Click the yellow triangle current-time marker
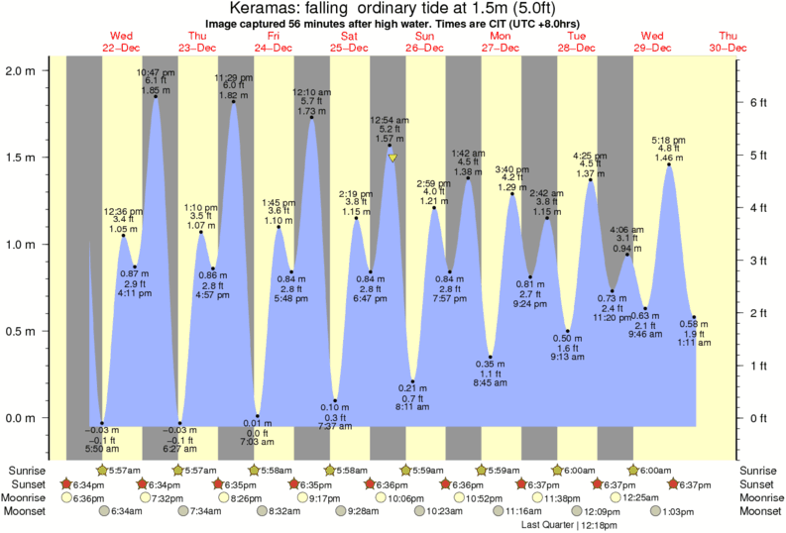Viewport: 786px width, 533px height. [393, 158]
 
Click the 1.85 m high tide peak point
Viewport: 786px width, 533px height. [156, 97]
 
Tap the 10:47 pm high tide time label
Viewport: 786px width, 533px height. [156, 72]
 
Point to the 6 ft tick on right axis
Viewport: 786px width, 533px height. [755, 102]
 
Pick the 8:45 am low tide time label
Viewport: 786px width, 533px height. [491, 381]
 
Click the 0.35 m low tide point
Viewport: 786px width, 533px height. [491, 357]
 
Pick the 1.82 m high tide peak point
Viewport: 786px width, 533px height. [233, 102]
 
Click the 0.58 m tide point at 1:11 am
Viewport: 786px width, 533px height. [694, 317]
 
